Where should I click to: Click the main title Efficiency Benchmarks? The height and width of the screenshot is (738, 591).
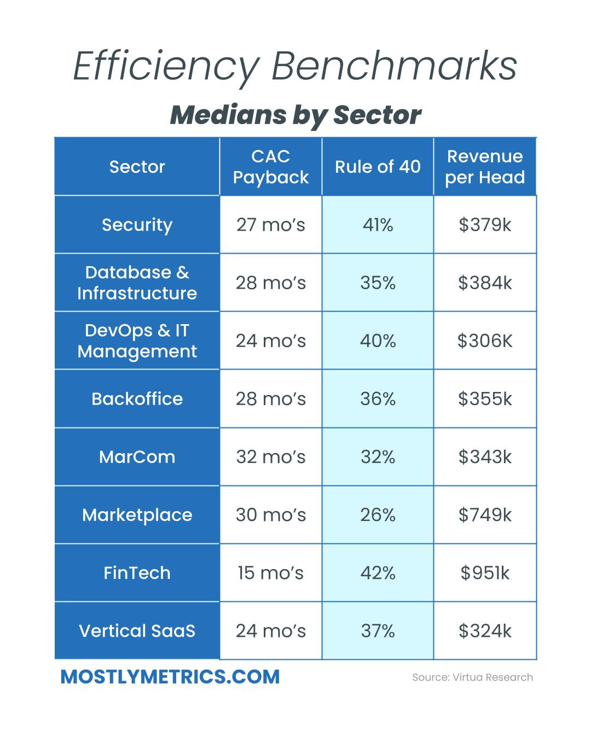[295, 67]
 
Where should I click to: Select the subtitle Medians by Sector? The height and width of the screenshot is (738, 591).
[295, 115]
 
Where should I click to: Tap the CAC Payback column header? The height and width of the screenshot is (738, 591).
[270, 167]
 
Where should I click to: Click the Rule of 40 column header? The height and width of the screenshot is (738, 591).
[378, 167]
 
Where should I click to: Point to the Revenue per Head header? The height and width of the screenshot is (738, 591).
[485, 167]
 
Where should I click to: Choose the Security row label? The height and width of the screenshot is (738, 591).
[137, 225]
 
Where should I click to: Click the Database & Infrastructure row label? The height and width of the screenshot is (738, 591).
[137, 283]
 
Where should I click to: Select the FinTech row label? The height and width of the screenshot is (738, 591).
[137, 573]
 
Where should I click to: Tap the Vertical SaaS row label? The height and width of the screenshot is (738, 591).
[137, 631]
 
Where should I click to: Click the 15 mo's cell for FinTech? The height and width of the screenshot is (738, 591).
[270, 573]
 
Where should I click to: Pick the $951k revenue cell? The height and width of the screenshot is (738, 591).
[485, 573]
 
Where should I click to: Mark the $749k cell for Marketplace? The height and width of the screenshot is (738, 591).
[485, 515]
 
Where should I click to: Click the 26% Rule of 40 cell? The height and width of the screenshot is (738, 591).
[378, 515]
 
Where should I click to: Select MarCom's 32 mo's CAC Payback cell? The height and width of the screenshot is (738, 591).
[270, 457]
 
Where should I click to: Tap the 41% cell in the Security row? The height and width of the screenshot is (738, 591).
[378, 225]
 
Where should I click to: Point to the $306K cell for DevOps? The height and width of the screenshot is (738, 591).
[485, 341]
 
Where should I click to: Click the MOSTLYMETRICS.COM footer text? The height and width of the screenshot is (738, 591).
[170, 677]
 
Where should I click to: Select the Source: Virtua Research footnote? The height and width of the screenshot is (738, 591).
[472, 677]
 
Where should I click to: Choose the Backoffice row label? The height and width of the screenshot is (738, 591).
[137, 399]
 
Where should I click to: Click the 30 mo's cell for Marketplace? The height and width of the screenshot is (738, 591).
[270, 515]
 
